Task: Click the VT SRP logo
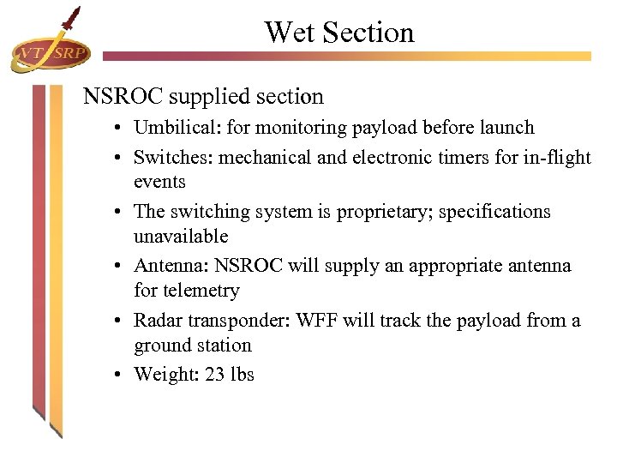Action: [48, 53]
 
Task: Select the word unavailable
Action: [181, 236]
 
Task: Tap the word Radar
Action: [158, 321]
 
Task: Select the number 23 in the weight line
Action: [215, 375]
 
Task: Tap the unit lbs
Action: [243, 375]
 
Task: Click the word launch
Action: [507, 128]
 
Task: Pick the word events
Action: [159, 182]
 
